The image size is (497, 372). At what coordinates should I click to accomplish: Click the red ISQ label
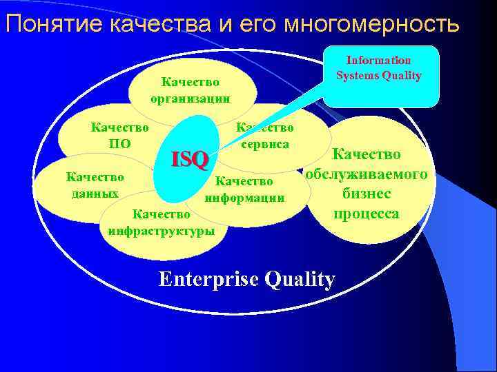pos(190,160)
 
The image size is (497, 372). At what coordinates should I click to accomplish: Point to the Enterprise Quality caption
pos(247,279)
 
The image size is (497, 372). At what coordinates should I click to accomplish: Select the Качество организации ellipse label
pos(191,90)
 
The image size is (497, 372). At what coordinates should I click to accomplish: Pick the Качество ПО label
pos(120,135)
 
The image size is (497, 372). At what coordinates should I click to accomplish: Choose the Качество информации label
pos(244,189)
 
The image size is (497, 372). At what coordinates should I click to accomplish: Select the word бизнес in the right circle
pos(367,194)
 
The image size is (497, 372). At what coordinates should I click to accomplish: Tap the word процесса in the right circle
pos(367,214)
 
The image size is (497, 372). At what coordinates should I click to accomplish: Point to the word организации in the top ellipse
pos(191,98)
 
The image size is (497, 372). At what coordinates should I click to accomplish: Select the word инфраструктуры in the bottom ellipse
pos(161,231)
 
